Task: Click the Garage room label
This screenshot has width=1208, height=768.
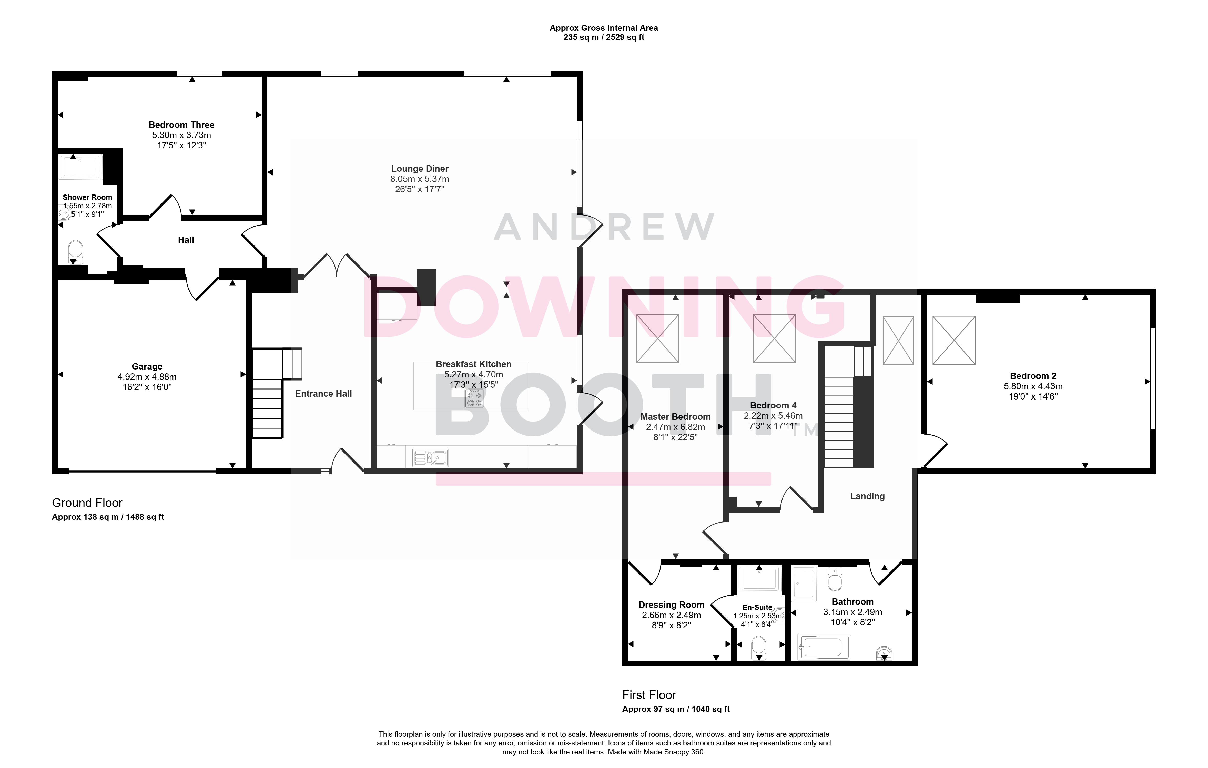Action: click(147, 367)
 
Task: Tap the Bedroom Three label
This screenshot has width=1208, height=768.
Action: click(182, 125)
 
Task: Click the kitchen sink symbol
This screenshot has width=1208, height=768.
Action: click(430, 457)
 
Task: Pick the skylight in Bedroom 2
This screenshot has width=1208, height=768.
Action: click(954, 340)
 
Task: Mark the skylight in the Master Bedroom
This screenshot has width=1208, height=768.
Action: click(658, 339)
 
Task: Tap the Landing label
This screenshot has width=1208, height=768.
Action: click(867, 496)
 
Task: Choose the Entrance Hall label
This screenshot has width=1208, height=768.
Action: click(323, 394)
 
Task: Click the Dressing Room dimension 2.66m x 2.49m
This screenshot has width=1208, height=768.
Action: click(671, 615)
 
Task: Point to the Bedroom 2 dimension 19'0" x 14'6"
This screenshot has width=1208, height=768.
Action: click(1033, 396)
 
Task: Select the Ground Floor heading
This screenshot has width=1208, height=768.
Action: click(87, 503)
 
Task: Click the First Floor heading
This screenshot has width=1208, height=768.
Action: click(649, 695)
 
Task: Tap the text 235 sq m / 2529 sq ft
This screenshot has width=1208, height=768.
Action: click(604, 37)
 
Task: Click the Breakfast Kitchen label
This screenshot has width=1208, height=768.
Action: click(474, 364)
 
